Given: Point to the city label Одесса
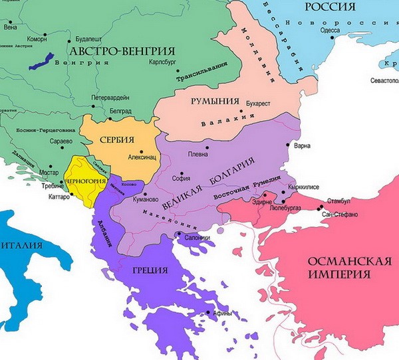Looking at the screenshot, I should point(329,30).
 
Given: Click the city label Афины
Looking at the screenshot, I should point(222,314).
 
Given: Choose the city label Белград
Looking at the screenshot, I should point(120,111).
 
